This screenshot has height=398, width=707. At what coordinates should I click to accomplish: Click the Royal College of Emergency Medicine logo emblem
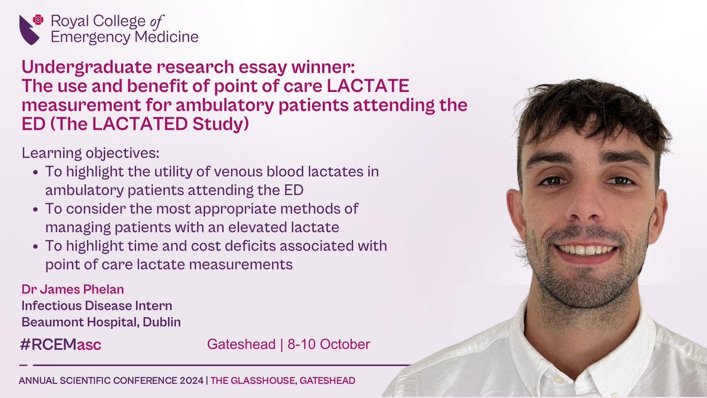(31, 29)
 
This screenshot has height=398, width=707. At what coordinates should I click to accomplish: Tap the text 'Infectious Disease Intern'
(97, 306)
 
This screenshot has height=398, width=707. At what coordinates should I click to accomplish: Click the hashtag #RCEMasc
(60, 344)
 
